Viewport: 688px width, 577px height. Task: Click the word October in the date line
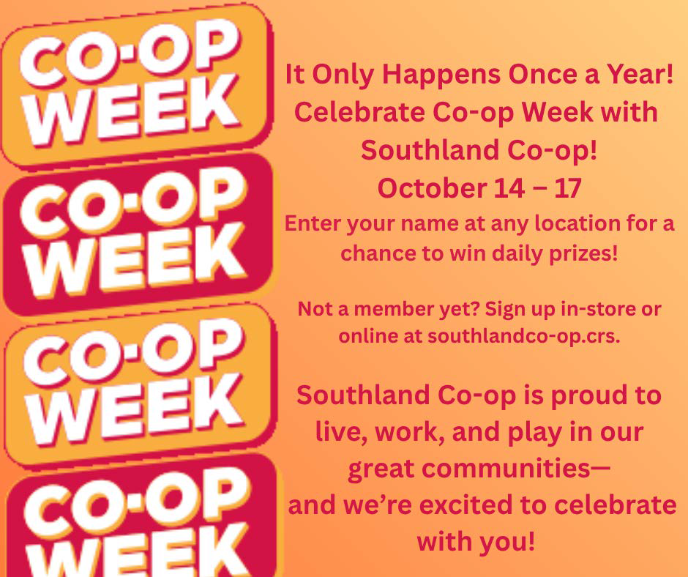(x=432, y=189)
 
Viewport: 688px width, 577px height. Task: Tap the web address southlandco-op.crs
(x=524, y=336)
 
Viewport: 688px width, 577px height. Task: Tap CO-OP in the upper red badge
(x=132, y=199)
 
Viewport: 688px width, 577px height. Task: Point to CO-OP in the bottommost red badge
(x=137, y=499)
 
